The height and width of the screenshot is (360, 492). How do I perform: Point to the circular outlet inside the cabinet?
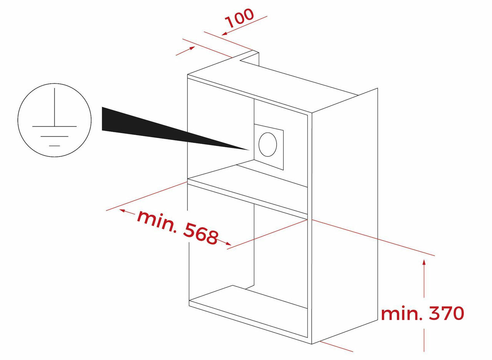coord(268,144)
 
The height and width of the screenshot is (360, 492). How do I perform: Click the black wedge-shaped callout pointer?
coord(176,128)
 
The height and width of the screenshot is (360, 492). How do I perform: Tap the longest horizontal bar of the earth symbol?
coord(55,127)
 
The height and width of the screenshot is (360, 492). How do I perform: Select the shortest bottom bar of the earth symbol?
coord(55,146)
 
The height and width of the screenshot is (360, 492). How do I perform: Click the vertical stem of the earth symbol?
coord(55,107)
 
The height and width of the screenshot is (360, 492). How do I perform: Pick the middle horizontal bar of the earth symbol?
coord(55,137)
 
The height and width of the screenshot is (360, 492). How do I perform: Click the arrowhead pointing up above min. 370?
coord(424,262)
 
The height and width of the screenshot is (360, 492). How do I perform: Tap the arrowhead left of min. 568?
coord(122,211)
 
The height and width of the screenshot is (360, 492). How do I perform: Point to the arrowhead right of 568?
coord(228,243)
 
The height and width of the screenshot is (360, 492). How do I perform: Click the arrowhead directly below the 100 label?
coord(224,33)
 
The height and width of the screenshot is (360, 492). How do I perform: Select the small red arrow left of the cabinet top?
coord(185,51)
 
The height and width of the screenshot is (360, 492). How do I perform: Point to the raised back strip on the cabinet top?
coord(249,59)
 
